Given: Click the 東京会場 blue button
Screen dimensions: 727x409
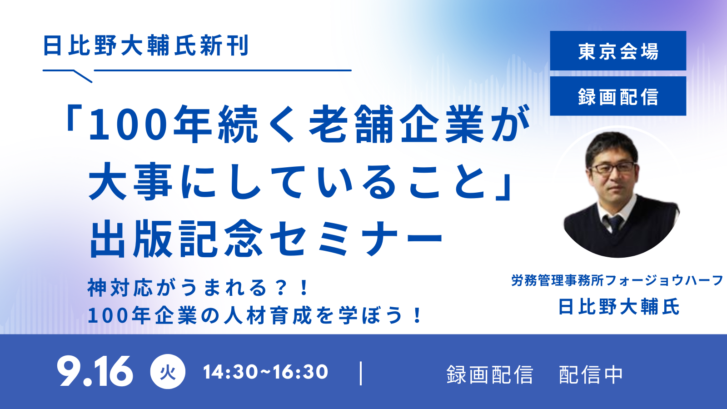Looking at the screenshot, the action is (618, 50).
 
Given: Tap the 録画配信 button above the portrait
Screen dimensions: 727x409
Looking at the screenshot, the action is (618, 96).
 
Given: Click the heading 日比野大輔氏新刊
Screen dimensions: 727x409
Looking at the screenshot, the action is (146, 45).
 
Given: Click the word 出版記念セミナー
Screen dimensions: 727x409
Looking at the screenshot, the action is (266, 239).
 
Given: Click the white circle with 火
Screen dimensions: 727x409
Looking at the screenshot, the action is (168, 372).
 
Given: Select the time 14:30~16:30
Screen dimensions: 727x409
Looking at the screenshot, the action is (265, 372).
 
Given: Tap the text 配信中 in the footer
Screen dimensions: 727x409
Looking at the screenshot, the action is (591, 375).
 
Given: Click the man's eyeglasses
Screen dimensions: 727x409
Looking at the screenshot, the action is (612, 168).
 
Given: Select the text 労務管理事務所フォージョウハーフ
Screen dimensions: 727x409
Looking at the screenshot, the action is (617, 280).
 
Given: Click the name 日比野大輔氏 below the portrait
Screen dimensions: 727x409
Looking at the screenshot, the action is (618, 306).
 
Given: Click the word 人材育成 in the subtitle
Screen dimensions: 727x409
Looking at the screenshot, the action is (268, 315).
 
